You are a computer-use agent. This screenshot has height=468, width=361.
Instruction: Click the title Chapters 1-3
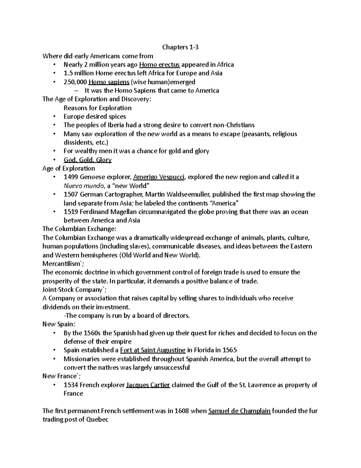click(180, 47)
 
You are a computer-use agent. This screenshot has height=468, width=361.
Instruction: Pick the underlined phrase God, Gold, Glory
click(88, 160)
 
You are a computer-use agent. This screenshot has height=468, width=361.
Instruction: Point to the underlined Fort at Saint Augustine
click(153, 350)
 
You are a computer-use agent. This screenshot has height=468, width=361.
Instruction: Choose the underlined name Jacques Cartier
click(148, 385)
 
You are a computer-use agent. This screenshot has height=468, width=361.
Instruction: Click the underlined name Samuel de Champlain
click(239, 411)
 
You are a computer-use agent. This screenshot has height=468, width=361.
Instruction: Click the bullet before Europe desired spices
click(54, 117)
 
